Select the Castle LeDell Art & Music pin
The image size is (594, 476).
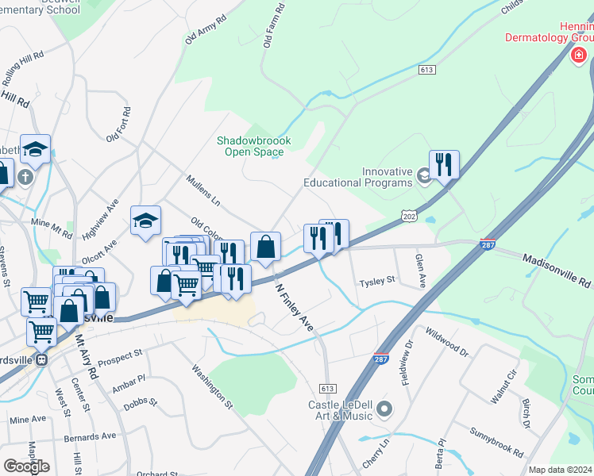tap(385, 409)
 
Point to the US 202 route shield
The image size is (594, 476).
tap(409, 216)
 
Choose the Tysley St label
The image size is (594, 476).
tap(376, 281)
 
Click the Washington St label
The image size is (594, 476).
tap(212, 386)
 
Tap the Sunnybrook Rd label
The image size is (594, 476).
tap(496, 443)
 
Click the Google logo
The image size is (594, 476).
tap(26, 466)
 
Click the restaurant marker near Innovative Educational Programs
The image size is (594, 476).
tap(444, 165)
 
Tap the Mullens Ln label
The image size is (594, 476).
tap(202, 191)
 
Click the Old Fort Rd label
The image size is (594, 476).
tap(122, 127)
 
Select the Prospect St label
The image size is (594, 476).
tap(121, 353)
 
